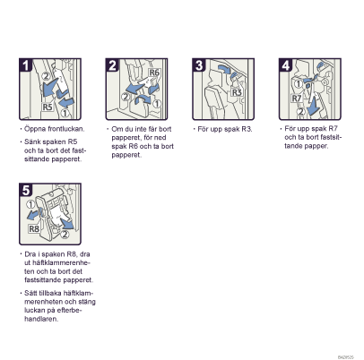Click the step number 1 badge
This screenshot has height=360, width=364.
(x=26, y=65)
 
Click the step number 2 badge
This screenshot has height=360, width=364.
(x=112, y=65)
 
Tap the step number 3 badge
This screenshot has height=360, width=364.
(x=199, y=65)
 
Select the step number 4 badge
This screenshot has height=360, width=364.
(x=286, y=65)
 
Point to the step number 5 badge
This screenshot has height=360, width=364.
(x=26, y=190)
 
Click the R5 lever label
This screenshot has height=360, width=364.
(x=48, y=107)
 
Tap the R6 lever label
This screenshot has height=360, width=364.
(x=154, y=73)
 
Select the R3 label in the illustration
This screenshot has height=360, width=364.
(x=237, y=92)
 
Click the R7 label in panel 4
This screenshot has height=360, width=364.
(x=297, y=98)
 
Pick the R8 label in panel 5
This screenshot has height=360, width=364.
(x=34, y=229)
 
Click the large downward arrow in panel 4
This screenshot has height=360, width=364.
(x=313, y=107)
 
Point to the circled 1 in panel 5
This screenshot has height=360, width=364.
(x=30, y=204)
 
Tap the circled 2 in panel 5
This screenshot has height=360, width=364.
(x=65, y=235)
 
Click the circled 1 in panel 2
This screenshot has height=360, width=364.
(x=157, y=104)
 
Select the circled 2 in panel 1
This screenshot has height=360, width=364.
(x=46, y=76)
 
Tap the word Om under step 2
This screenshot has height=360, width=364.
(x=117, y=129)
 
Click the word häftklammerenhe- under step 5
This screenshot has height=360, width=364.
(x=57, y=263)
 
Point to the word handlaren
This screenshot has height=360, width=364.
(x=41, y=319)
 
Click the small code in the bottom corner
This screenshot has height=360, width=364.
(x=346, y=357)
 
